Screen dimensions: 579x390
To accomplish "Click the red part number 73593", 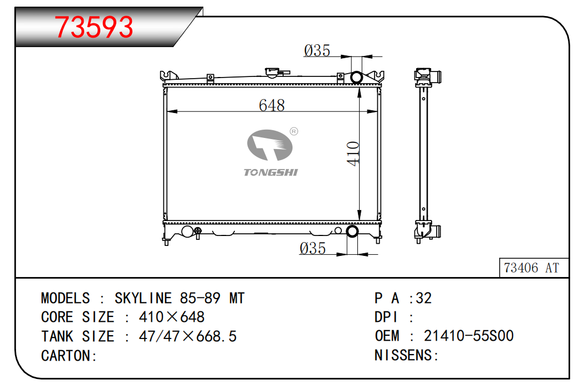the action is (94, 27).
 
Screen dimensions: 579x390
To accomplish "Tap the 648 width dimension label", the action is (272, 105).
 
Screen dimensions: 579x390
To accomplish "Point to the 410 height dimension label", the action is (353, 153).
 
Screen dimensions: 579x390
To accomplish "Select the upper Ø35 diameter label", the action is (317, 50).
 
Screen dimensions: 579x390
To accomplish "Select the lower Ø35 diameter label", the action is (312, 248).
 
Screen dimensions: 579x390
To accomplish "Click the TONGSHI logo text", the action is (271, 172).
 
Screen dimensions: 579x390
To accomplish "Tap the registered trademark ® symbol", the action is (294, 131).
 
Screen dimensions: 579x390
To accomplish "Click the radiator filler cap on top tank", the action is (273, 73).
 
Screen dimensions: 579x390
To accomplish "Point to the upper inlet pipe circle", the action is (357, 77).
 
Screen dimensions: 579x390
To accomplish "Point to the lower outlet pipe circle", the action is (352, 232).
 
